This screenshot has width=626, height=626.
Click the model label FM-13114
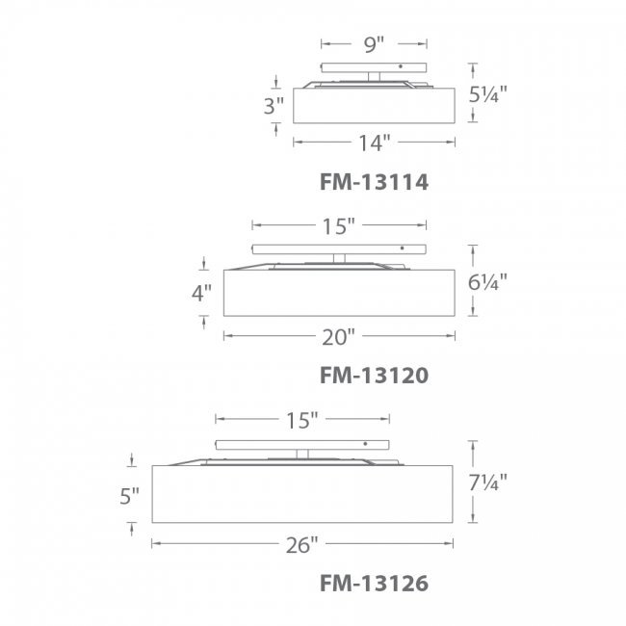pyautogui.click(x=374, y=182)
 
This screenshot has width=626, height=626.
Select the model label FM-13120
pyautogui.click(x=374, y=376)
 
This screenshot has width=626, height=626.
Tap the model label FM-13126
pyautogui.click(x=374, y=584)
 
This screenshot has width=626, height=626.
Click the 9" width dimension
pyautogui.click(x=374, y=44)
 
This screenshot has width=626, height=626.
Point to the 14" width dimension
pyautogui.click(x=375, y=143)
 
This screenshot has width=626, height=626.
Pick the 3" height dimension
pyautogui.click(x=274, y=106)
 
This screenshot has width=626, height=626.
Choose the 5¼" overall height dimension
pyautogui.click(x=488, y=94)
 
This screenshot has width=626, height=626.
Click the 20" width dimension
pyautogui.click(x=339, y=337)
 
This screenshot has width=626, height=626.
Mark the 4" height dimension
pyautogui.click(x=201, y=294)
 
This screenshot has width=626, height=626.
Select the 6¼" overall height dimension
pyautogui.click(x=488, y=282)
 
